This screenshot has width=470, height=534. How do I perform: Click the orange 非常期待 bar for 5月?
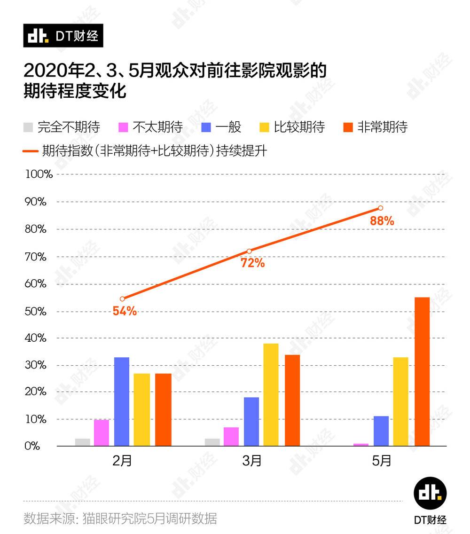pyautogui.click(x=422, y=371)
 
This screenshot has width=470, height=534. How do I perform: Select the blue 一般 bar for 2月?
pyautogui.click(x=122, y=401)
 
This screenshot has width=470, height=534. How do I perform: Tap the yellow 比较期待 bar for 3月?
pyautogui.click(x=271, y=394)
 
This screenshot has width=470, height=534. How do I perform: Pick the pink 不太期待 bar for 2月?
pyautogui.click(x=102, y=432)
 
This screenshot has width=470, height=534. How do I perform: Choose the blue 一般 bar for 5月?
pyautogui.click(x=381, y=431)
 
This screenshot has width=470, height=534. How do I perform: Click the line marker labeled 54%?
pyautogui.click(x=122, y=298)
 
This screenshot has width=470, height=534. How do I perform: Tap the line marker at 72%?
pyautogui.click(x=249, y=251)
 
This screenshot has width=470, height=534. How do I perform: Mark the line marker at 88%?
pyautogui.click(x=380, y=208)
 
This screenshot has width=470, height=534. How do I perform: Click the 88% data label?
pyautogui.click(x=382, y=220)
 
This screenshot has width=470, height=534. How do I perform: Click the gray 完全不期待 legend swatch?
pyautogui.click(x=28, y=127)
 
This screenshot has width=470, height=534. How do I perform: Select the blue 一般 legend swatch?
pyautogui.click(x=206, y=127)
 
